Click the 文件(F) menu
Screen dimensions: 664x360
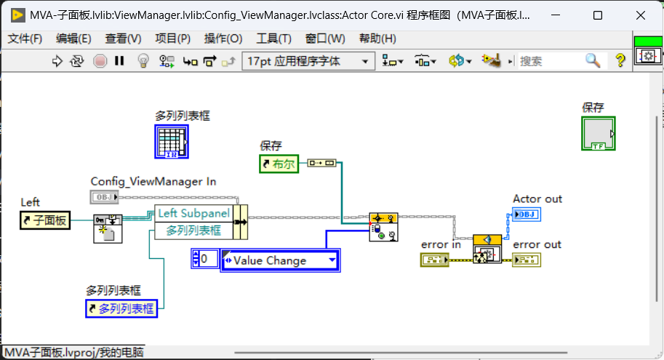25,39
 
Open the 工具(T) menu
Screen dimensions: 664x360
273,39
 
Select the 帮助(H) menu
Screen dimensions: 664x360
377,39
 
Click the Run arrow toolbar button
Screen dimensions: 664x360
57,61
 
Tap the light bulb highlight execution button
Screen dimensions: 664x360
143,61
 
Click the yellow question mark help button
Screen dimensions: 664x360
620,60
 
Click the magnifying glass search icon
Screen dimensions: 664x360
593,61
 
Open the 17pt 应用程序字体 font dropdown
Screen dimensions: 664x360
308,61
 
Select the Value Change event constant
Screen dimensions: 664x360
280,260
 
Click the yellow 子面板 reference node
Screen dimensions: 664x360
45,220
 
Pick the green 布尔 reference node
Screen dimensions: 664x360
279,164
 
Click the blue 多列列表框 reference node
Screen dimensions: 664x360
121,309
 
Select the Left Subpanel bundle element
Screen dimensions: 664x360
193,214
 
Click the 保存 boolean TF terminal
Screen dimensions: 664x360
599,134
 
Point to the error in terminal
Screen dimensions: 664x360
435,260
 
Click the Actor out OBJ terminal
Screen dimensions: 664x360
527,215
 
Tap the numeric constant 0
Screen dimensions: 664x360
204,259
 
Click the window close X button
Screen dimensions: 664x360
641,16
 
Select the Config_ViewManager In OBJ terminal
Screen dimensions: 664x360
104,197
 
